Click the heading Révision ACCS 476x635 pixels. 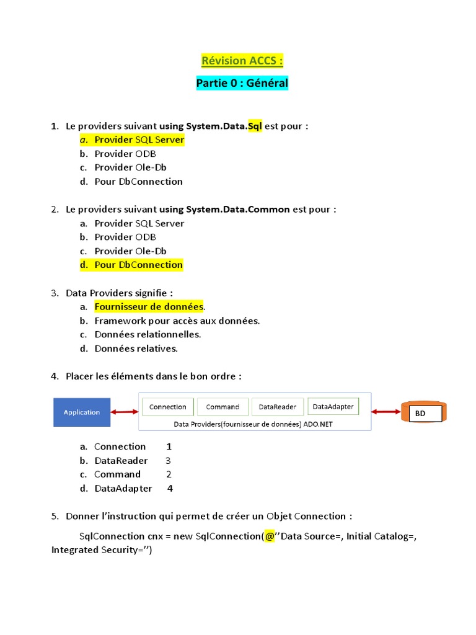tap(242, 61)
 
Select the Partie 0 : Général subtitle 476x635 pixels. tap(242, 83)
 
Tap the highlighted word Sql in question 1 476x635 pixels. tap(255, 126)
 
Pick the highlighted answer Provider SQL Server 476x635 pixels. tap(139, 140)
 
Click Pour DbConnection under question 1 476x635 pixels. tap(138, 182)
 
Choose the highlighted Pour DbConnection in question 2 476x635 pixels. tap(138, 265)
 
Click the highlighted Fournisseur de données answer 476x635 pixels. tap(149, 306)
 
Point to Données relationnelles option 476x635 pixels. tap(148, 334)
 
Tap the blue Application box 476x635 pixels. tap(82, 412)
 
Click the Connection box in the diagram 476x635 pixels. tap(168, 407)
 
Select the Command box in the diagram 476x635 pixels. tap(223, 407)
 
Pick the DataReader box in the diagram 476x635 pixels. tap(277, 407)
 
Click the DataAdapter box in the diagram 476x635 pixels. tap(333, 406)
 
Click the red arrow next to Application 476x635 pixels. tap(125, 412)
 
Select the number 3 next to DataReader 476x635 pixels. tap(168, 461)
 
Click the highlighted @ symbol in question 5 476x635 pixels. tap(270, 536)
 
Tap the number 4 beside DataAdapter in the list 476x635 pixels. tap(170, 489)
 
